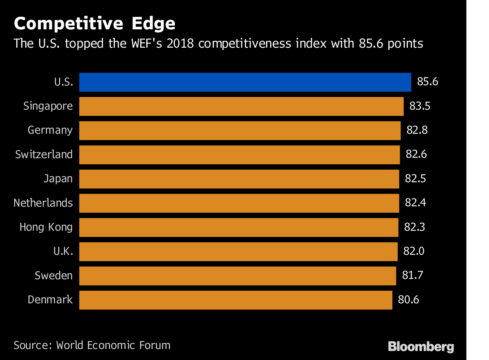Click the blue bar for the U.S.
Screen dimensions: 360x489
pos(245,82)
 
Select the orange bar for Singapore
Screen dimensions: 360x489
pos(241,106)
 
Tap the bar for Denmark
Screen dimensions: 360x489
pos(236,300)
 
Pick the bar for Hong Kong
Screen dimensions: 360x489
pos(238,227)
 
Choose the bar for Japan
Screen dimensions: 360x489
pos(239,179)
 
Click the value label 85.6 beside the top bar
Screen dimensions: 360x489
pos(427,82)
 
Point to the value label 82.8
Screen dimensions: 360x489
pos(417,130)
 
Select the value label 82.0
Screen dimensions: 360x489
pos(414,252)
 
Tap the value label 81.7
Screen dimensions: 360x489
pos(412,276)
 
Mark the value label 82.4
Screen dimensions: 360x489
pos(415,203)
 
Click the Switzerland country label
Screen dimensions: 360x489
pos(44,155)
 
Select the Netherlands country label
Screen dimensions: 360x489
pos(43,203)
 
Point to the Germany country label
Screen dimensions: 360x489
pos(50,130)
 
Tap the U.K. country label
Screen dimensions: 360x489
pos(63,252)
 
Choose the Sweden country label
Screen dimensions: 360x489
pos(54,276)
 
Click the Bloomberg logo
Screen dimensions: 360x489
pos(421,347)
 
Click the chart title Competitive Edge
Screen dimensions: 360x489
pos(95,24)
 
